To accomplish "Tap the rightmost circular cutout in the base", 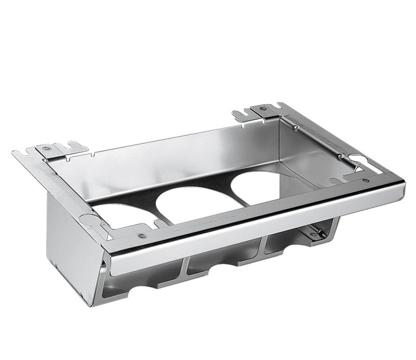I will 259,189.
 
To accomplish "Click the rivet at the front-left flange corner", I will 141,236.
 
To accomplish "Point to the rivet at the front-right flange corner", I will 366,180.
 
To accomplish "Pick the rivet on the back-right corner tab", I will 263,109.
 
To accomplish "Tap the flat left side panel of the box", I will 70,244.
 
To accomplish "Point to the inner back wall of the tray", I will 172,156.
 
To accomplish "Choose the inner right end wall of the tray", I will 312,151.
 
